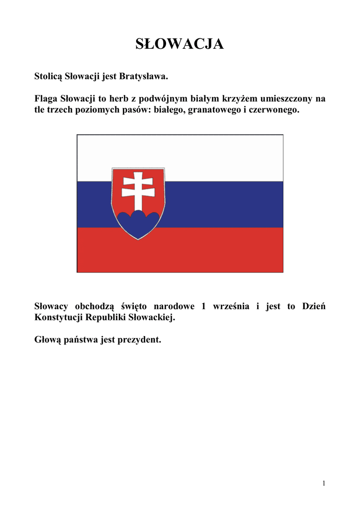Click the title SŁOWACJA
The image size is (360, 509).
[x=180, y=44]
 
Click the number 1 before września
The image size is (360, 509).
[x=203, y=306]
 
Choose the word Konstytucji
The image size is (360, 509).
[x=59, y=317]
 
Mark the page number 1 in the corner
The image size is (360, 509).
[x=323, y=483]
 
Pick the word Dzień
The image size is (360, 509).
[x=313, y=306]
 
